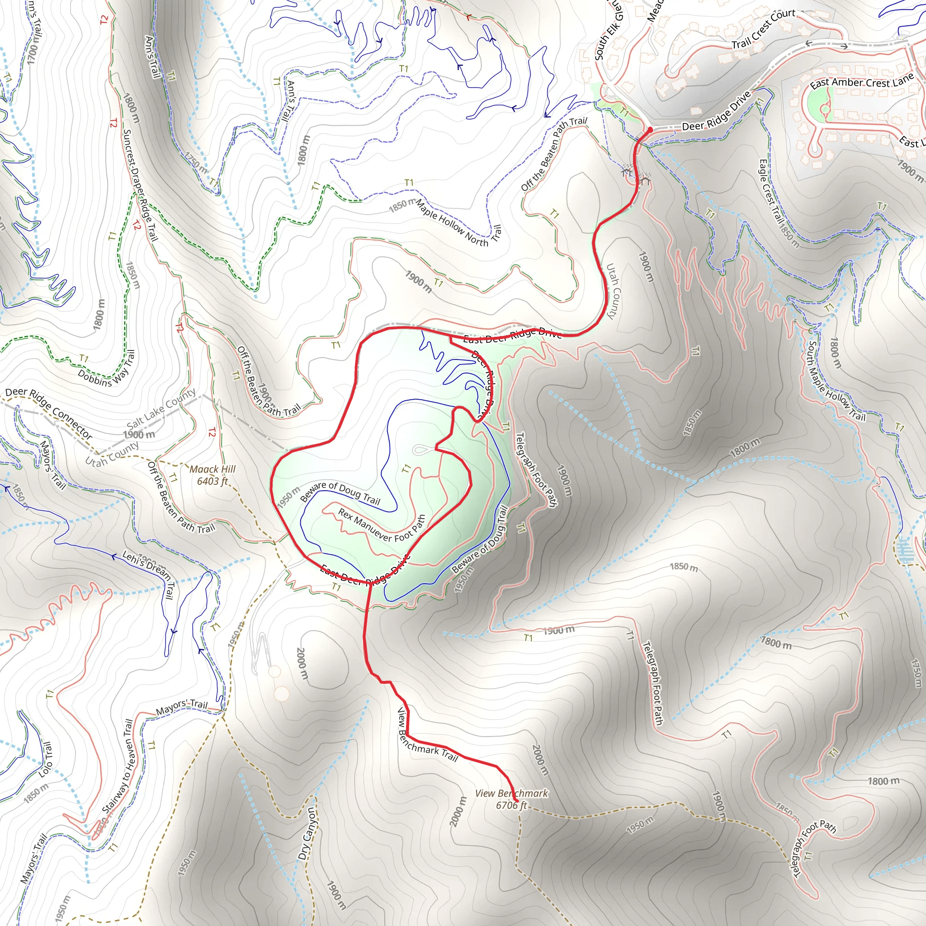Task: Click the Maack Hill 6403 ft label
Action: point(213,475)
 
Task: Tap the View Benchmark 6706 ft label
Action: point(511,799)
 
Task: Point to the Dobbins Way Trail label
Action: point(106,369)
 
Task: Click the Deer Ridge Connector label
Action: point(49,413)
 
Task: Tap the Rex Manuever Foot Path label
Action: point(382,526)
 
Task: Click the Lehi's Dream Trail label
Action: point(149,573)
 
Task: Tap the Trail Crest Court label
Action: point(763,30)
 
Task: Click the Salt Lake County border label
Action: point(161,409)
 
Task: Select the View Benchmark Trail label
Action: point(427,736)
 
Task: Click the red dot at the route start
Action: point(649,129)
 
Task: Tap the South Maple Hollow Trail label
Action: point(836,381)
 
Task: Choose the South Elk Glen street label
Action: point(608,31)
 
